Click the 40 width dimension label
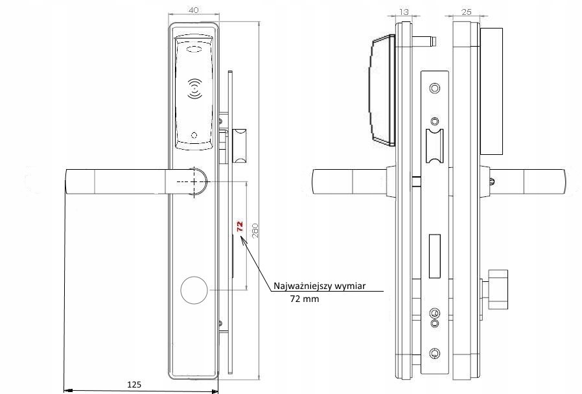(193, 10)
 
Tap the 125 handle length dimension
(134, 384)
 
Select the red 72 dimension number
(240, 226)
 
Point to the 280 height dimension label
(255, 231)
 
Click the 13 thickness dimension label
(404, 12)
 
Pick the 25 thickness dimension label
(466, 12)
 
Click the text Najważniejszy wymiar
(320, 286)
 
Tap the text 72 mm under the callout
(305, 299)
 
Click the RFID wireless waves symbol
(194, 89)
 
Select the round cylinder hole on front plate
(194, 290)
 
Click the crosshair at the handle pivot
(194, 182)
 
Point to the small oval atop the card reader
(194, 49)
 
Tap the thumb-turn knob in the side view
(498, 290)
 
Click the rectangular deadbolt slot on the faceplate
(435, 256)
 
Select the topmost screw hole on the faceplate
(435, 88)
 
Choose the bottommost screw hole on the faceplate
(435, 353)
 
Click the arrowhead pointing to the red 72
(244, 241)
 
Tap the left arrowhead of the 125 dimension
(68, 391)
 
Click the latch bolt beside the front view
(239, 146)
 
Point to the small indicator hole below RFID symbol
(194, 135)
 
